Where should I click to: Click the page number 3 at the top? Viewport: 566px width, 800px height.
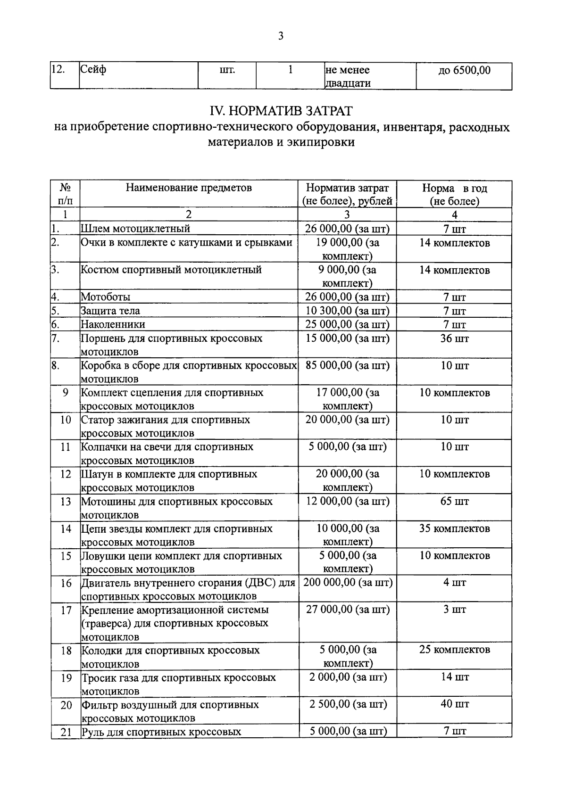pyautogui.click(x=281, y=36)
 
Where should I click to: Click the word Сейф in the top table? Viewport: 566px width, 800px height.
pyautogui.click(x=93, y=70)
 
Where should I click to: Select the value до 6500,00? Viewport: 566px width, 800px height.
pyautogui.click(x=464, y=70)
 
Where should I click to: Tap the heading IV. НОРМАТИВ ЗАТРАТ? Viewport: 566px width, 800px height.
pyautogui.click(x=281, y=111)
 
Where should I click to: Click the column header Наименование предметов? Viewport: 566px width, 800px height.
pyautogui.click(x=189, y=188)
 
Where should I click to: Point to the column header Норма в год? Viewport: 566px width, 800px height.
pyautogui.click(x=454, y=188)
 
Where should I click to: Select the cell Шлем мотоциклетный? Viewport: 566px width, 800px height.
pyautogui.click(x=135, y=229)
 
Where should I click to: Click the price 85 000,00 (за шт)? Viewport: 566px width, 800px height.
pyautogui.click(x=347, y=365)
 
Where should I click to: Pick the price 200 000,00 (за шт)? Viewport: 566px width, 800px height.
pyautogui.click(x=348, y=583)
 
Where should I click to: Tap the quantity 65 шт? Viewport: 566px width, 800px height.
pyautogui.click(x=454, y=501)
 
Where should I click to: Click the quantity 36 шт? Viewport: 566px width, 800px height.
pyautogui.click(x=454, y=338)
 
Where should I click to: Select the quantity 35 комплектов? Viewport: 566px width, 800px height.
pyautogui.click(x=454, y=528)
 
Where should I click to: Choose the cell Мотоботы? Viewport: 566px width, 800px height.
pyautogui.click(x=106, y=297)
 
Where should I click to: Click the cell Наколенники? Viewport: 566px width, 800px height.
pyautogui.click(x=113, y=324)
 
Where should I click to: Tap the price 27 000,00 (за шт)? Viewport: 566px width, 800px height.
pyautogui.click(x=348, y=610)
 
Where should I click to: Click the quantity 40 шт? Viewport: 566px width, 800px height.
pyautogui.click(x=454, y=704)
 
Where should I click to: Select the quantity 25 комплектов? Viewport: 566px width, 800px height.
pyautogui.click(x=454, y=650)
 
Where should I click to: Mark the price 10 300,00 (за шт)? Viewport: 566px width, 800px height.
pyautogui.click(x=348, y=311)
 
